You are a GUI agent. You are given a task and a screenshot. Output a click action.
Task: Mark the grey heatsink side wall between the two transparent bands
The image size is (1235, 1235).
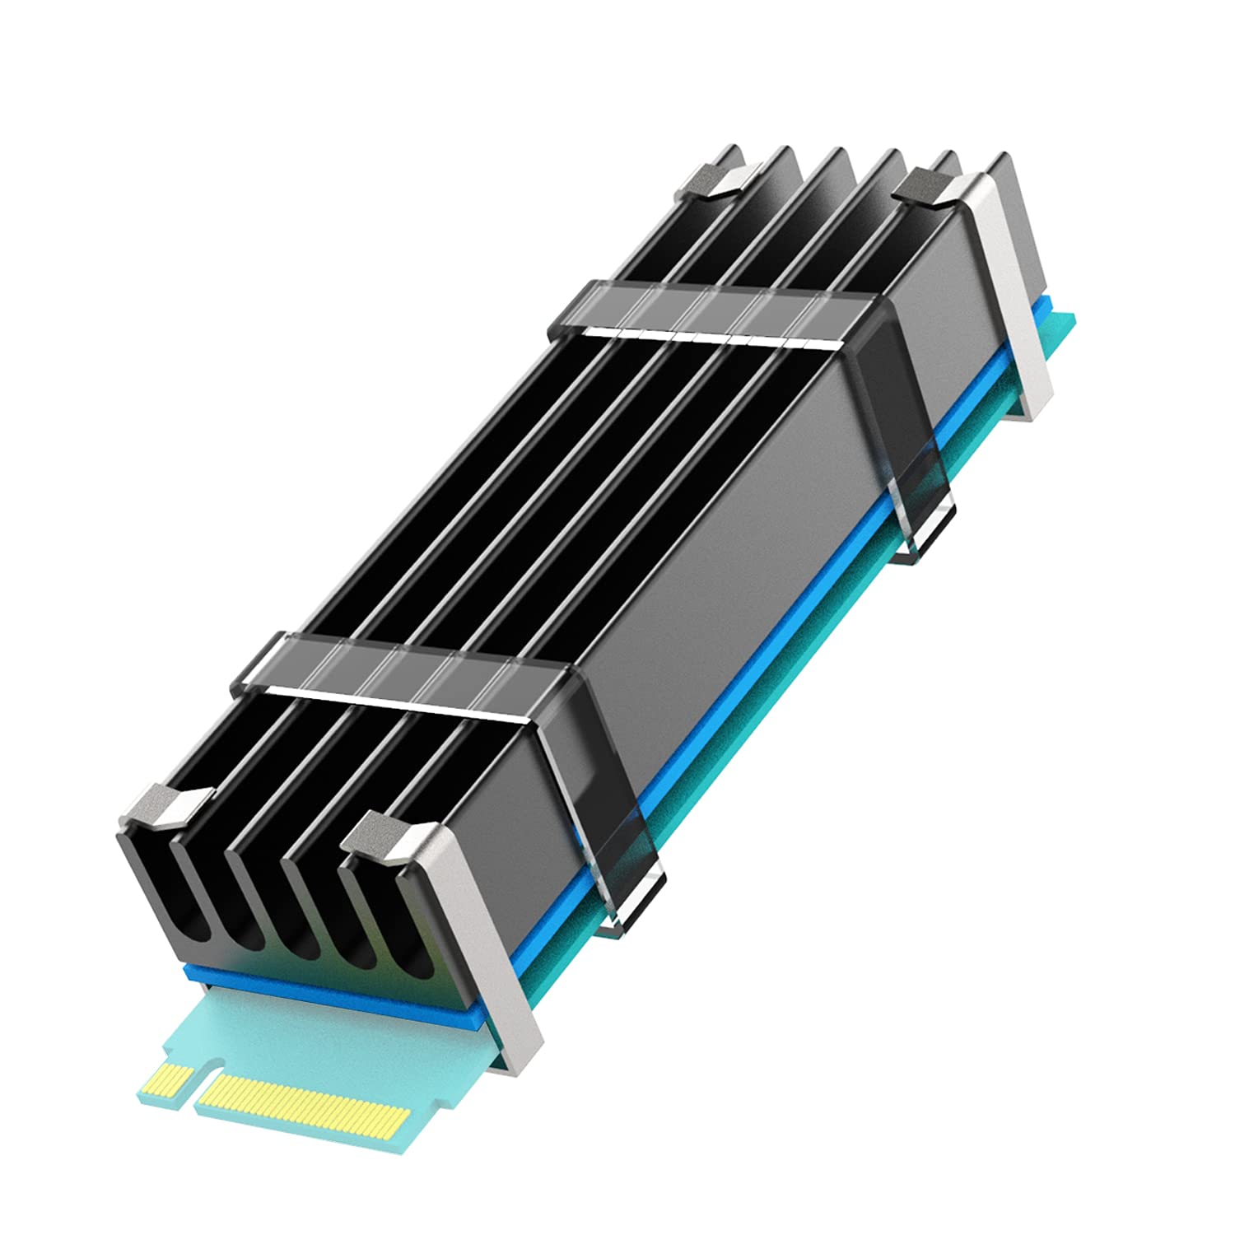coord(725,560)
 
